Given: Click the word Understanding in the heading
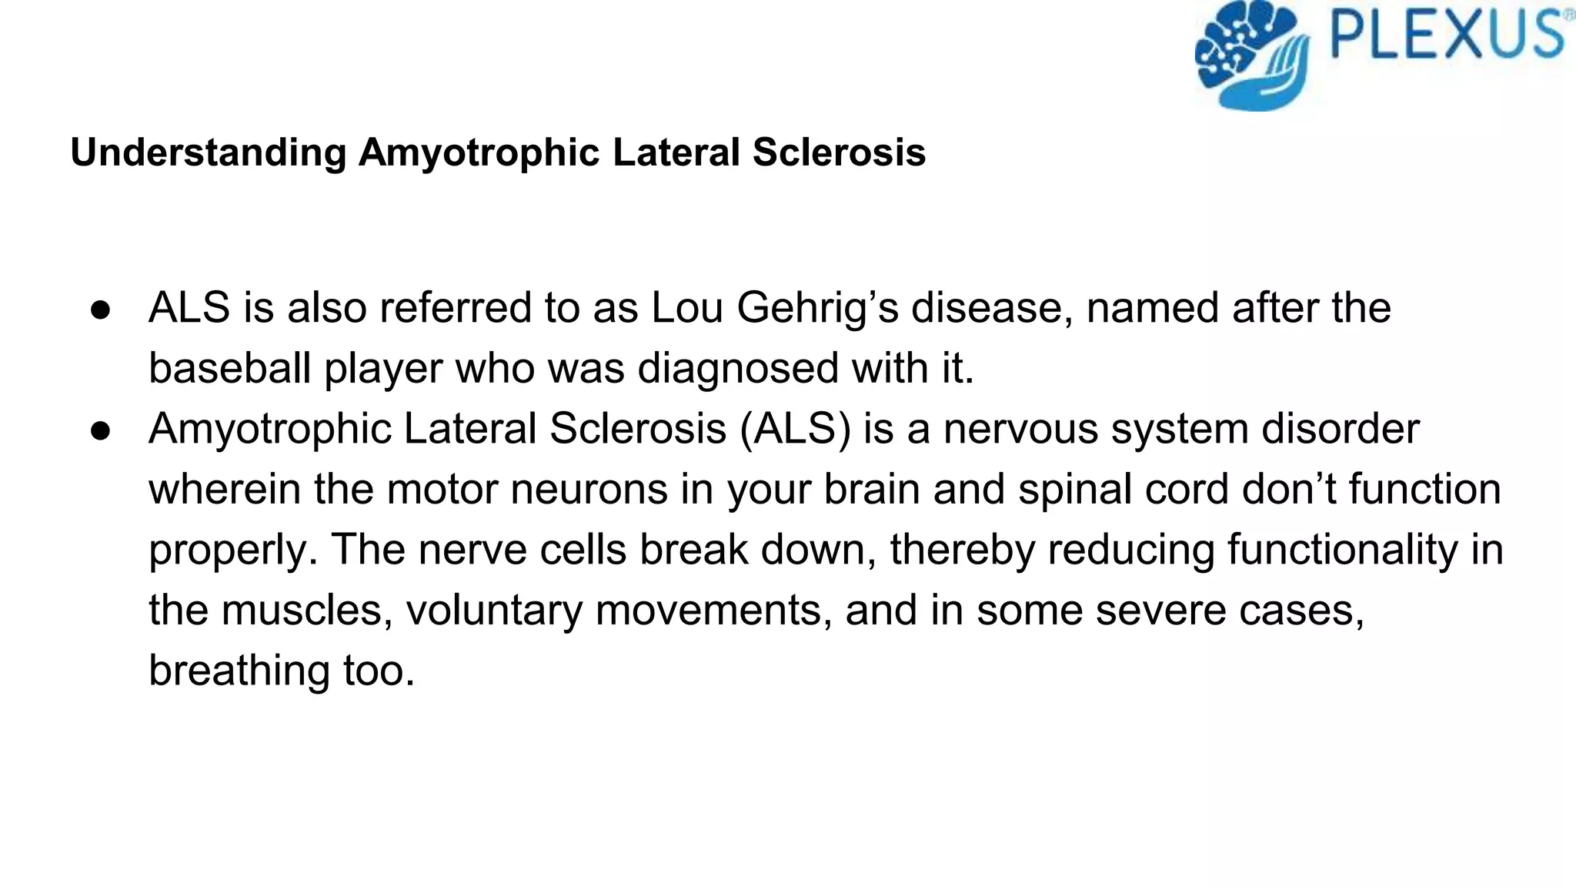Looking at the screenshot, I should (x=209, y=152).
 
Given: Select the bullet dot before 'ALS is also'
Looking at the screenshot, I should (x=102, y=310).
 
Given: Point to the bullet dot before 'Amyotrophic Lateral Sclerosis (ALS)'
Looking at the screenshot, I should (x=102, y=430).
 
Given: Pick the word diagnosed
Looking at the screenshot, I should (x=738, y=368).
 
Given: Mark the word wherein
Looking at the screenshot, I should (x=225, y=489).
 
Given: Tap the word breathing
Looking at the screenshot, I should (x=239, y=671).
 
